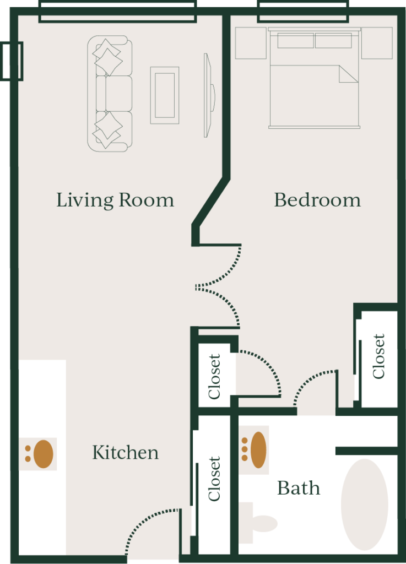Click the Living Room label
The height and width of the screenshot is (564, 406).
tap(115, 200)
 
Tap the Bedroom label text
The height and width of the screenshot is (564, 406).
tap(317, 200)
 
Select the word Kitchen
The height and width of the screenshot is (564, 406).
tap(125, 453)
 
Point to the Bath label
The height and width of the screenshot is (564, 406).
tap(299, 488)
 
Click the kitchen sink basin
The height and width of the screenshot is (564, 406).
tap(43, 454)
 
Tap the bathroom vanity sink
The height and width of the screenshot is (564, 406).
tap(258, 449)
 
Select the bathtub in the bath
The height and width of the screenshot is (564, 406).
tap(364, 505)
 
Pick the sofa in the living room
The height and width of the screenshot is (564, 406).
tap(110, 94)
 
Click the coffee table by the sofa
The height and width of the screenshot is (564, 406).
tap(165, 95)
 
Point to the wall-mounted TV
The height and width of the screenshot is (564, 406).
tap(209, 95)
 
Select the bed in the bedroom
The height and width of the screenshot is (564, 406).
tap(314, 78)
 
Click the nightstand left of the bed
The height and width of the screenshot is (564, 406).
tap(251, 43)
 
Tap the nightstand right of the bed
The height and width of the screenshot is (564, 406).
tap(377, 43)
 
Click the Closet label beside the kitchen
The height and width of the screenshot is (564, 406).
tap(214, 479)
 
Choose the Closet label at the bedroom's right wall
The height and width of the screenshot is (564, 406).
tap(378, 356)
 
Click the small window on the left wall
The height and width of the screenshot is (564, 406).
tap(12, 61)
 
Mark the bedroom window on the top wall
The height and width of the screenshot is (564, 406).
tap(303, 12)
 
